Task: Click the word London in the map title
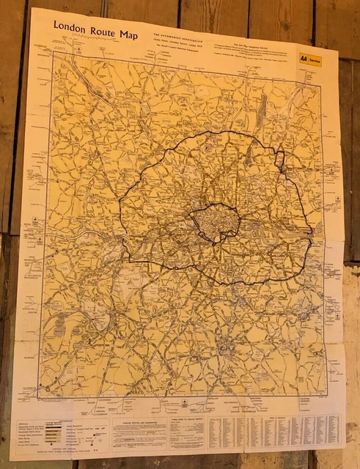[x=70, y=26]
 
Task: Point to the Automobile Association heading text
[x=178, y=37]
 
